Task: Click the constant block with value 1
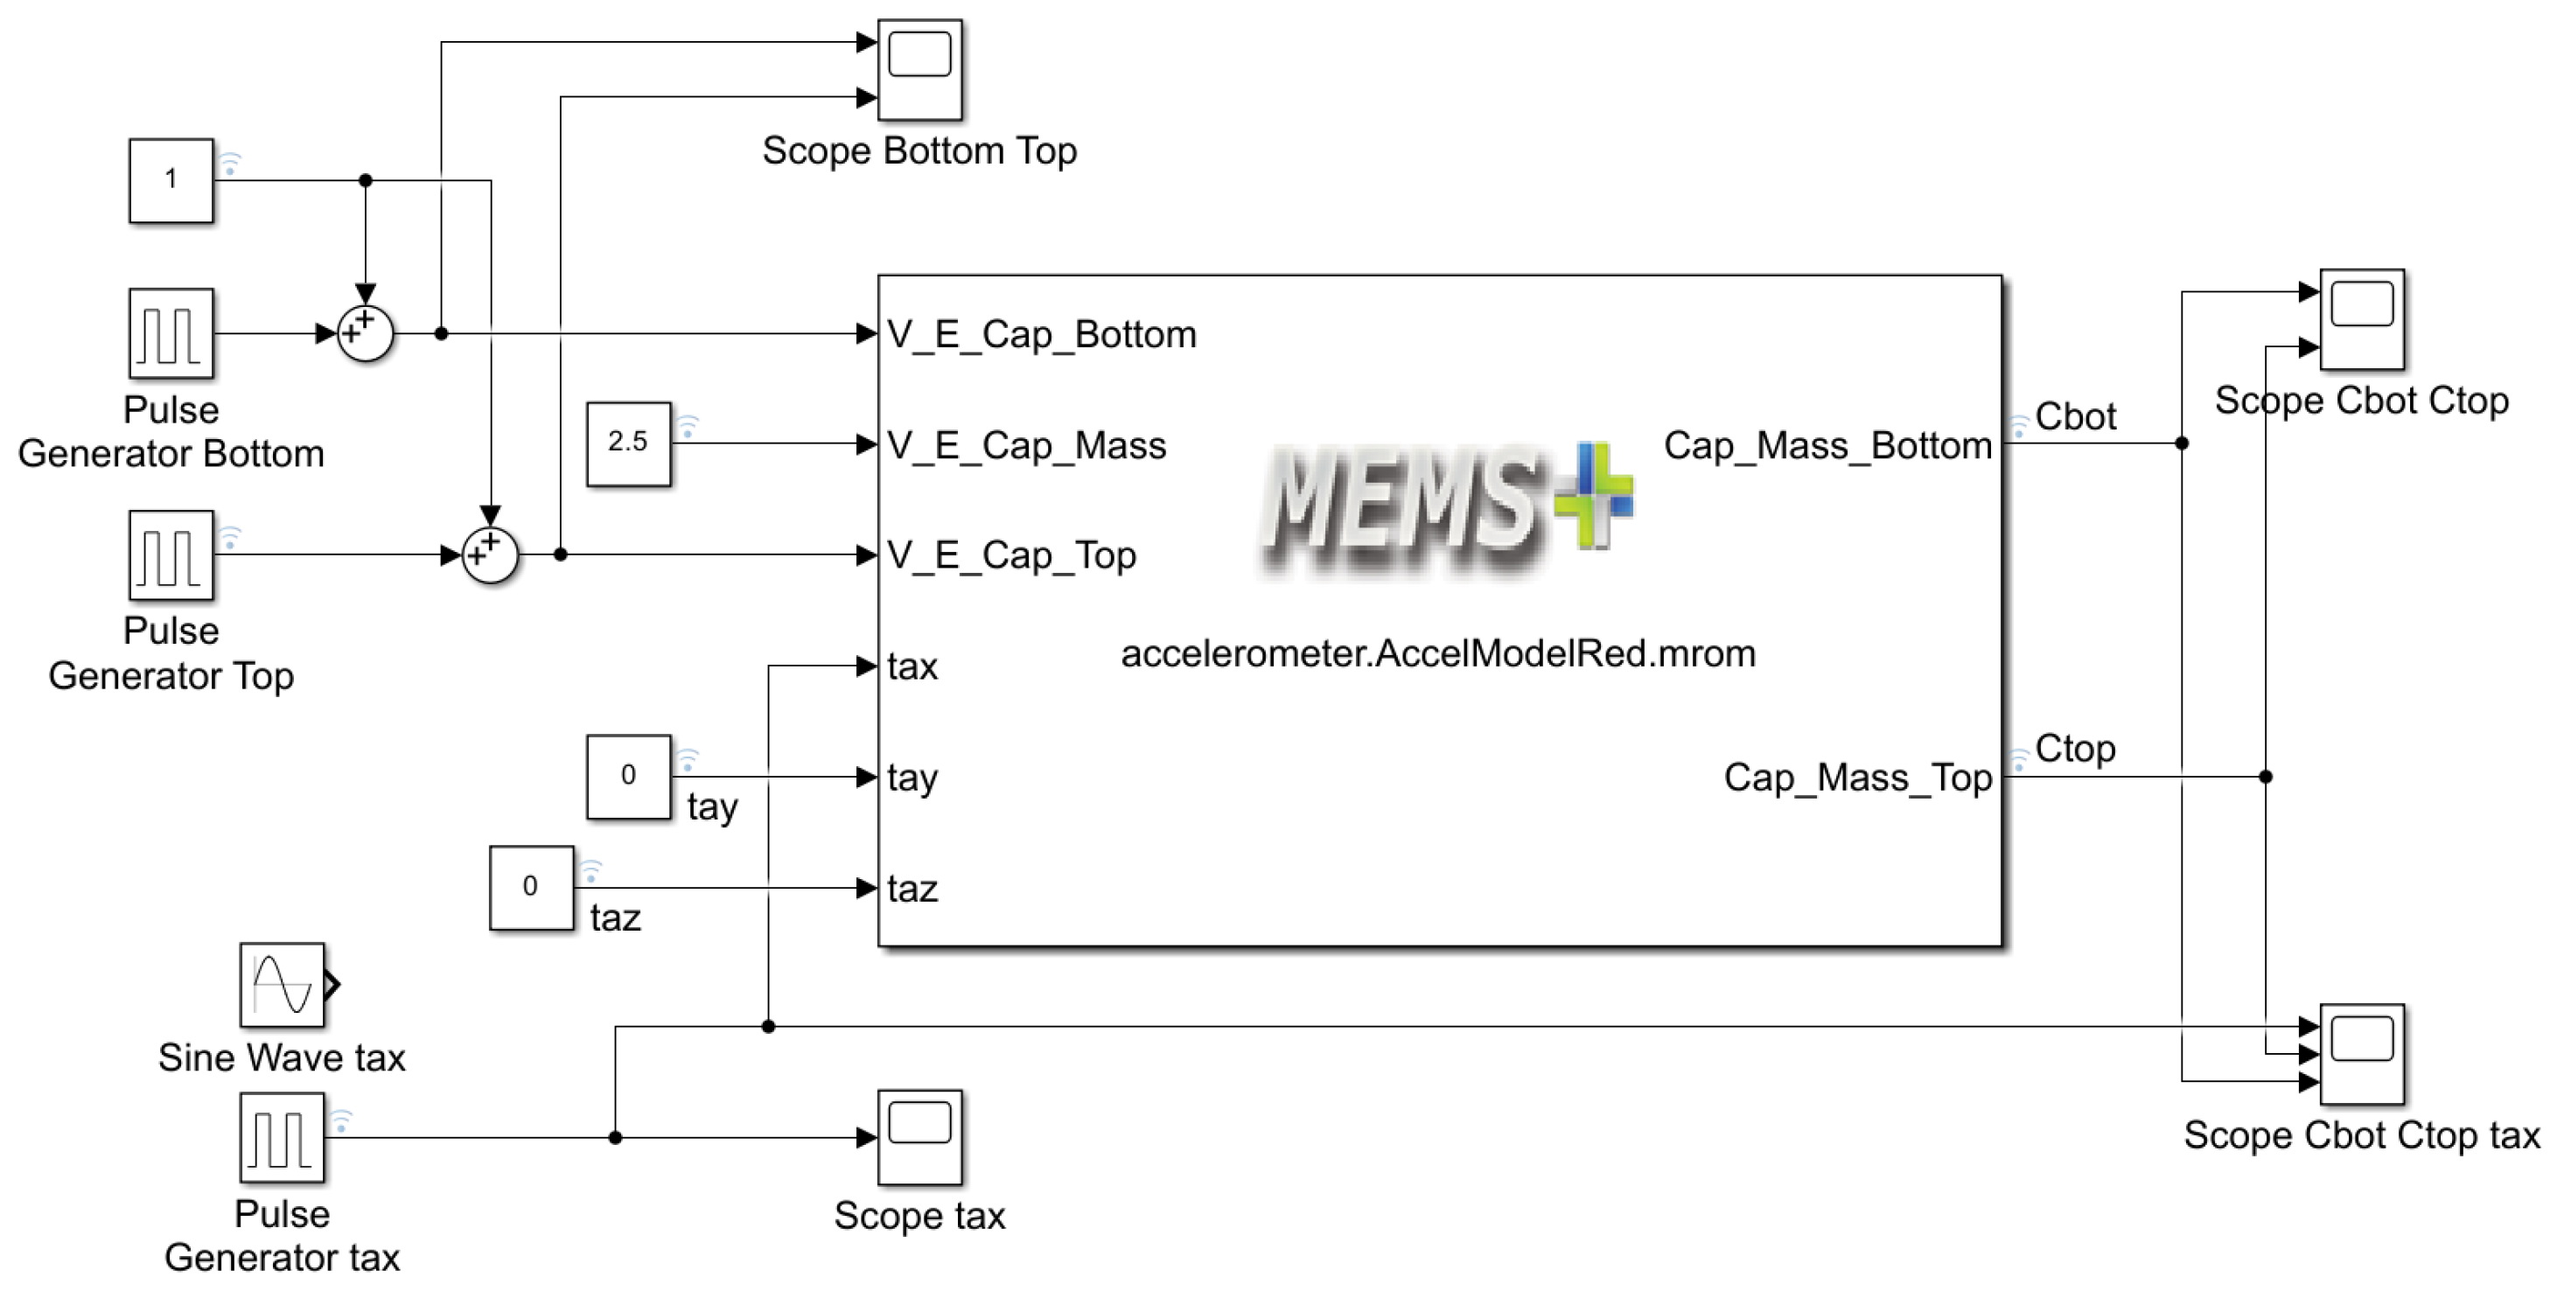(x=171, y=180)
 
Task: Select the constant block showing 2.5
(x=628, y=443)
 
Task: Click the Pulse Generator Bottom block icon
(x=171, y=332)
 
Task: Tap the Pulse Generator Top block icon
(x=171, y=555)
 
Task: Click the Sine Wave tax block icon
(x=282, y=985)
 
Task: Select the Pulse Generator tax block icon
(x=282, y=1137)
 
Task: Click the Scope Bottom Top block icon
(x=919, y=69)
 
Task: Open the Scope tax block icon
(x=919, y=1137)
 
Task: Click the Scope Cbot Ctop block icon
(x=2361, y=318)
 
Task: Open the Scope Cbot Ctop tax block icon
(x=2361, y=1053)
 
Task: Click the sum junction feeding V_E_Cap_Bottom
(x=366, y=333)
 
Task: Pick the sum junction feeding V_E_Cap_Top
(x=490, y=555)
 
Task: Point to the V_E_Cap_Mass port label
(x=1026, y=445)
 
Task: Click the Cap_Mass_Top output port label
(x=1857, y=778)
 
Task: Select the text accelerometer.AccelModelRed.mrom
(x=1437, y=654)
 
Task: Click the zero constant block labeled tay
(x=628, y=777)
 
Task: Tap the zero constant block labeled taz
(x=530, y=888)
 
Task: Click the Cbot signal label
(x=2074, y=416)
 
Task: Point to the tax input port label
(x=912, y=666)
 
